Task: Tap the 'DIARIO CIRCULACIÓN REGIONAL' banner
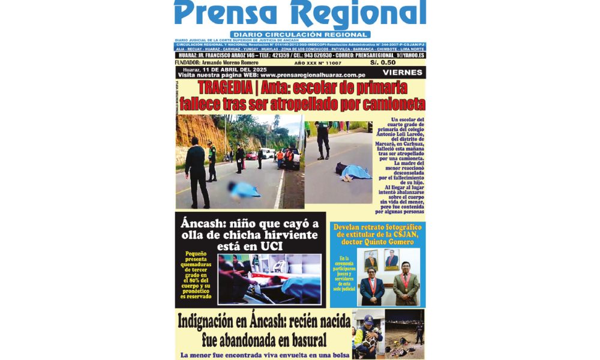(299, 35)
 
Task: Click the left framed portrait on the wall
(371, 259)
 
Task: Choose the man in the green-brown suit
(406, 285)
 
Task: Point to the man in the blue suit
(372, 286)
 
